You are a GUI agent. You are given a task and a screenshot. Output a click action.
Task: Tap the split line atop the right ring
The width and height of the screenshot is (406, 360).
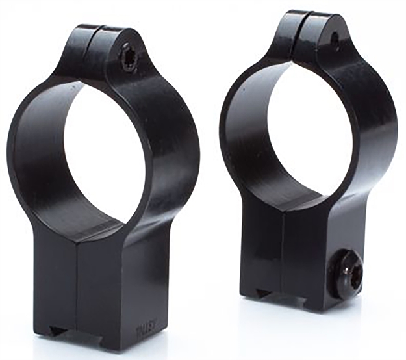[x=307, y=23]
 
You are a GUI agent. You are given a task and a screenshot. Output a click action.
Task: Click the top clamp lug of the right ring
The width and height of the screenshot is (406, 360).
[x=312, y=32]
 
